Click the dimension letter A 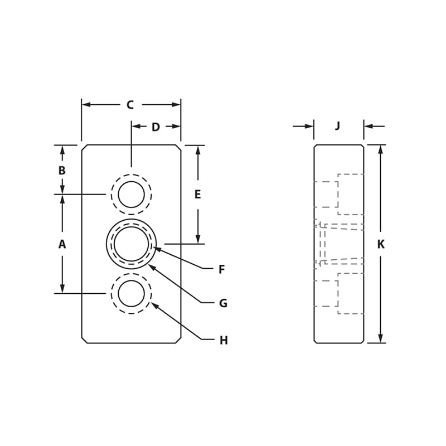[62, 244]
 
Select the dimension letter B [62, 171]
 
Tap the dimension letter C [130, 105]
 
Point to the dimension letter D [156, 127]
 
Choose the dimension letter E [197, 195]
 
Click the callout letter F [221, 270]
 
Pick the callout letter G [223, 304]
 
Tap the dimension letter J [337, 126]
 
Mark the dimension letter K [381, 244]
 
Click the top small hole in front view [131, 195]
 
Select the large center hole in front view [131, 244]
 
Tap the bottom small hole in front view [131, 293]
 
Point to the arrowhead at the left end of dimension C [86, 104]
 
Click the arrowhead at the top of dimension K [380, 149]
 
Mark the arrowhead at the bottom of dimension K [380, 338]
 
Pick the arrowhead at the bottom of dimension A [62, 289]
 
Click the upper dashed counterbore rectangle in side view [351, 194]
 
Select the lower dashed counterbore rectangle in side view [351, 293]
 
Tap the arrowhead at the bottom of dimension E [197, 239]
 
